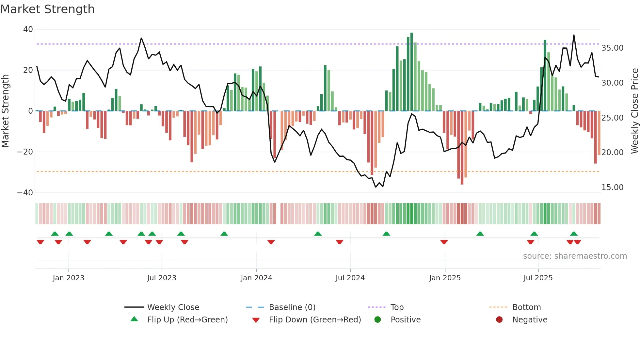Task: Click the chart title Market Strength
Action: point(48,9)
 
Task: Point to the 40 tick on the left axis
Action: point(28,29)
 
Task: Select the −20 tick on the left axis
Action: point(25,152)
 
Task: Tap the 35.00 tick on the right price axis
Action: point(612,48)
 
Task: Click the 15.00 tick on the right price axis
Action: point(612,188)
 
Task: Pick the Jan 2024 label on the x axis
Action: point(256,278)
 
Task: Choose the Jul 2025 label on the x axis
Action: point(538,278)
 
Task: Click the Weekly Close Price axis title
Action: point(634,111)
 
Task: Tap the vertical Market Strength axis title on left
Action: point(6,111)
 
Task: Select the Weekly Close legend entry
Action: point(173,307)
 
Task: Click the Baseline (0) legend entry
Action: point(292,307)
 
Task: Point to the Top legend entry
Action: point(397,307)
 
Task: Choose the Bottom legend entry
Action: point(526,307)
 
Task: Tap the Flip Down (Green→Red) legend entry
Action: point(315,320)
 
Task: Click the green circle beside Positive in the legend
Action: point(378,320)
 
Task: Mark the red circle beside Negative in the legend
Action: point(499,320)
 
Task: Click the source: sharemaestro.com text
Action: point(575,256)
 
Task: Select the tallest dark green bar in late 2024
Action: point(412,72)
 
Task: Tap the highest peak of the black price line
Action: point(574,35)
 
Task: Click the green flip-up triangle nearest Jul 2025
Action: point(534,234)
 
